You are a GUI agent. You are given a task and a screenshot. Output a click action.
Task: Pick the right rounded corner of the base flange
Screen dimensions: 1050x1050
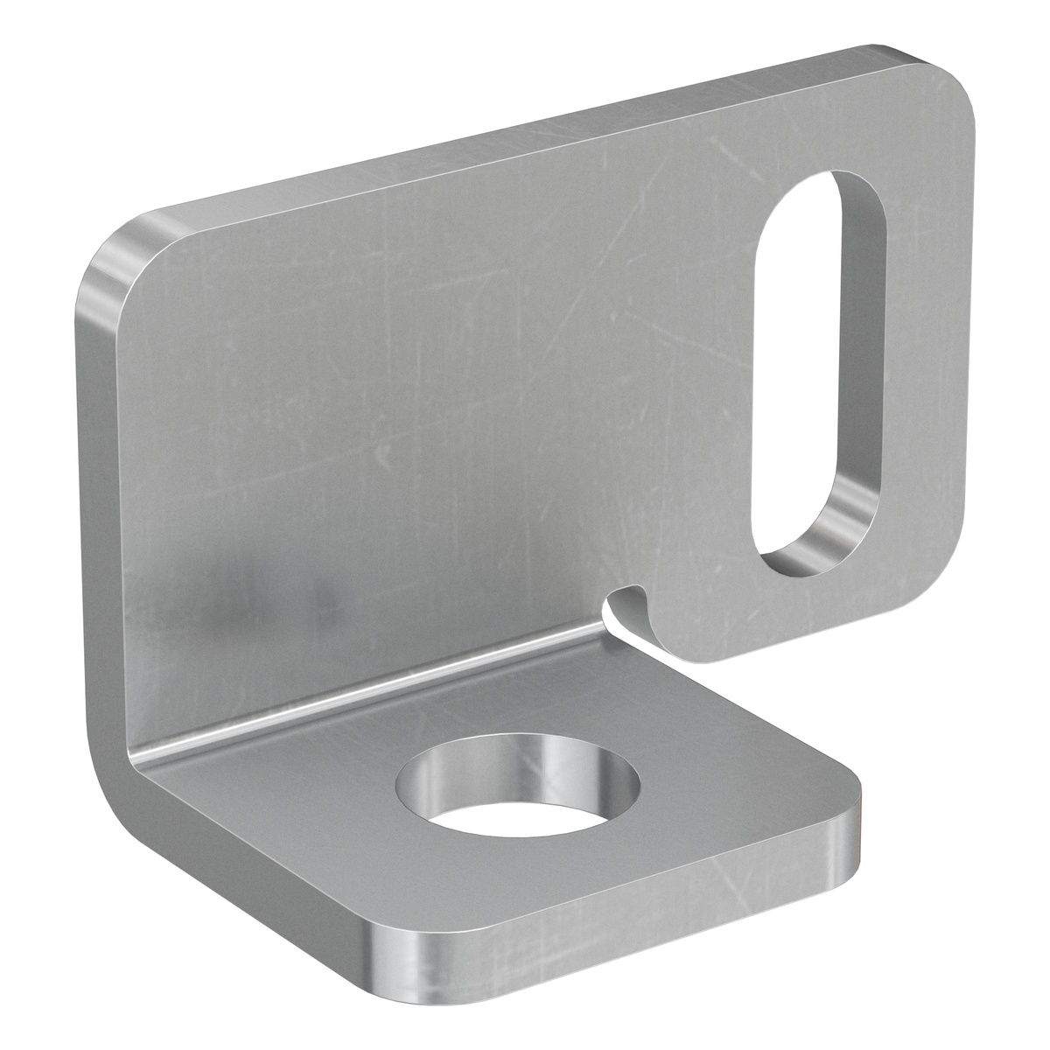click(x=844, y=805)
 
